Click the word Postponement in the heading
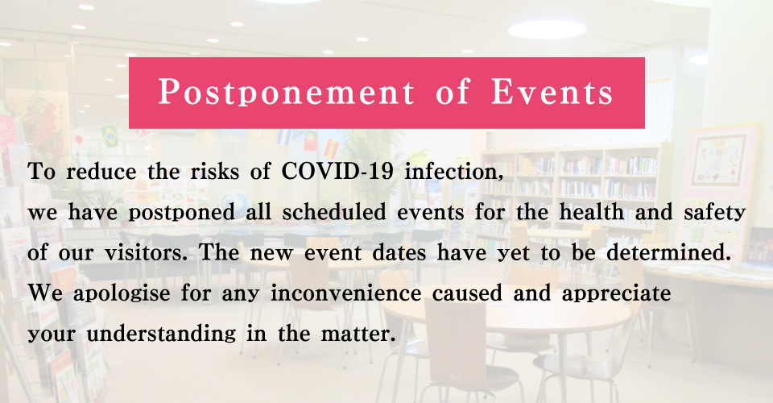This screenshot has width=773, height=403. (x=287, y=92)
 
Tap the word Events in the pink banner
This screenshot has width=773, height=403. (x=552, y=92)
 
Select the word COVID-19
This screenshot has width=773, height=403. (x=337, y=172)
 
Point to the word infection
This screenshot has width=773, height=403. (x=453, y=172)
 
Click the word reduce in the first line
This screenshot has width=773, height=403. (x=101, y=172)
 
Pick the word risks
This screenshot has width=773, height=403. (x=214, y=172)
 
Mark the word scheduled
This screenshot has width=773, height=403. (x=333, y=212)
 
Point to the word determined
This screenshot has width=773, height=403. (x=668, y=253)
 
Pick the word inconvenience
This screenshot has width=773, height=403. (x=346, y=293)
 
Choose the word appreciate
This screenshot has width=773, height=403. (x=616, y=294)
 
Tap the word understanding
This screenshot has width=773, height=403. (x=161, y=334)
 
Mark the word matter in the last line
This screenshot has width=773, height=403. (x=358, y=334)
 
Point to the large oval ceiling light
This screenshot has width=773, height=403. (x=548, y=30)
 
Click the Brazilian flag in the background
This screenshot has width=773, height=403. (x=110, y=135)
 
